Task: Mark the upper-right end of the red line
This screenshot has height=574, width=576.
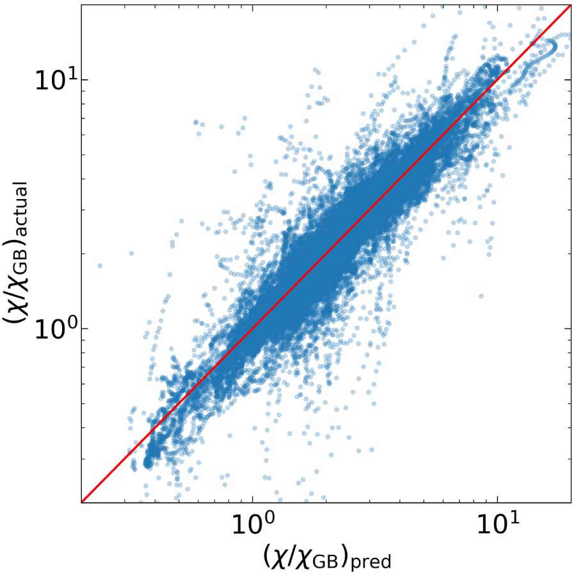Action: point(570,5)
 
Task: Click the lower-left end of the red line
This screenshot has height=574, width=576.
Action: point(82,502)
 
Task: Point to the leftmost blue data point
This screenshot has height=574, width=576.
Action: point(99,265)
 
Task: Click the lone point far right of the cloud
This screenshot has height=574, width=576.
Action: point(481,296)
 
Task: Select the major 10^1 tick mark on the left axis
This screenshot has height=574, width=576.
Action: point(84,79)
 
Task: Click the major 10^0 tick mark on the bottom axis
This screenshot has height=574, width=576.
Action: point(252,500)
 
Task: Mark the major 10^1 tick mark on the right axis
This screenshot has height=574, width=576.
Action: point(568,79)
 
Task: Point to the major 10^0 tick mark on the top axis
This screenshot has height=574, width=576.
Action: point(252,7)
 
